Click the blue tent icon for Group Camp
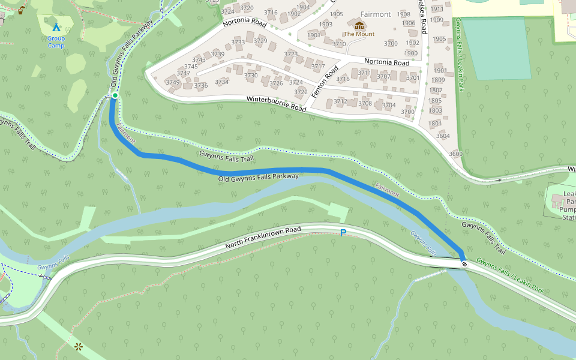(56, 28)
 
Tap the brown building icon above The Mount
(359, 25)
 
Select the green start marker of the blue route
(115, 95)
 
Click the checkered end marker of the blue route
(464, 263)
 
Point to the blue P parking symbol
(343, 233)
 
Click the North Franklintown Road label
(263, 238)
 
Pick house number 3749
(173, 83)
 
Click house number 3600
(455, 154)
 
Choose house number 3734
(221, 82)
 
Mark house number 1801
(435, 124)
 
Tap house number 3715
(343, 79)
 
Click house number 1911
(437, 9)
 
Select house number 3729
(260, 41)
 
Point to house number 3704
(389, 106)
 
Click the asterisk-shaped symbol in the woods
(78, 346)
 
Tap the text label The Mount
(359, 34)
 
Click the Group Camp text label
(56, 42)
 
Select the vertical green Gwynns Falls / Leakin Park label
(459, 54)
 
